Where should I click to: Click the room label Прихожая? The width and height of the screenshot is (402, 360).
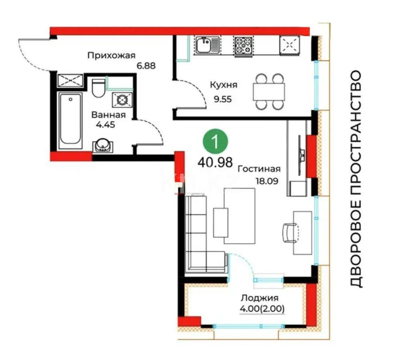click(x=112, y=55)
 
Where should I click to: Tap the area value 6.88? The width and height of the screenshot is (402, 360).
click(x=146, y=65)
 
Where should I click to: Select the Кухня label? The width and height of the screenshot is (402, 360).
click(x=224, y=85)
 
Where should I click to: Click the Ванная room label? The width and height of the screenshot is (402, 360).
click(x=108, y=115)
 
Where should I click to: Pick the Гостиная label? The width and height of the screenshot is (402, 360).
click(x=259, y=168)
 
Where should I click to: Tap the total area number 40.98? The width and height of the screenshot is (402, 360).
click(x=215, y=162)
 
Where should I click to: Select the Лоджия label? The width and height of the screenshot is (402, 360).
click(x=259, y=298)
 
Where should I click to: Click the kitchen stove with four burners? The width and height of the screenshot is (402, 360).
click(x=244, y=45)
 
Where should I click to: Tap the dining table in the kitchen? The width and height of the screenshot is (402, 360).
click(x=268, y=92)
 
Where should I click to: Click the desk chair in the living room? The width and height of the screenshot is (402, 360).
click(x=290, y=232)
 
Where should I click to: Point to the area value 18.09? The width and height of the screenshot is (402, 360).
click(x=267, y=180)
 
